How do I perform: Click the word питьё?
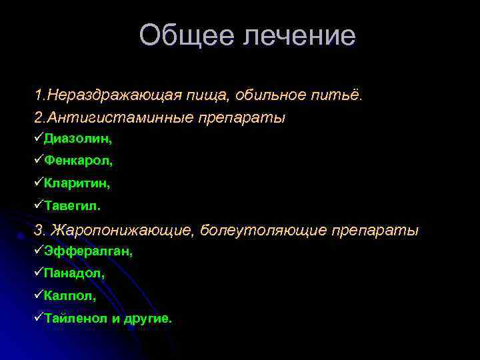(x=340, y=96)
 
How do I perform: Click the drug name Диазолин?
(x=77, y=139)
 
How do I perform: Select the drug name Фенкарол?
(x=78, y=161)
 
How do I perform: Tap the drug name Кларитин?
(x=77, y=182)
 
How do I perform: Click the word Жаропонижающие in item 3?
(x=123, y=231)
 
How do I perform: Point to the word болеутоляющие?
(x=262, y=231)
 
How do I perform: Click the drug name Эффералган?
(x=88, y=251)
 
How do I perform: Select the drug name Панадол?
(x=74, y=273)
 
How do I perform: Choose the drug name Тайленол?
(x=75, y=319)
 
